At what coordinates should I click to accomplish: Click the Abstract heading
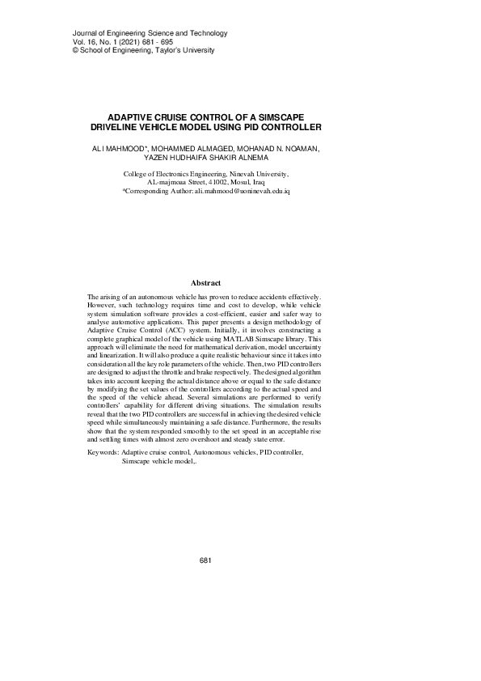(205, 283)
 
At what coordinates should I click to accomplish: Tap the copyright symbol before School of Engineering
(53, 50)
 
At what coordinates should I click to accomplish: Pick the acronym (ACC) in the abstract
(167, 331)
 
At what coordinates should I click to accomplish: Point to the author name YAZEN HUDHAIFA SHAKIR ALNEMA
(205, 159)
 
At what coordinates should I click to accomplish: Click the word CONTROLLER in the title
(288, 127)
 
